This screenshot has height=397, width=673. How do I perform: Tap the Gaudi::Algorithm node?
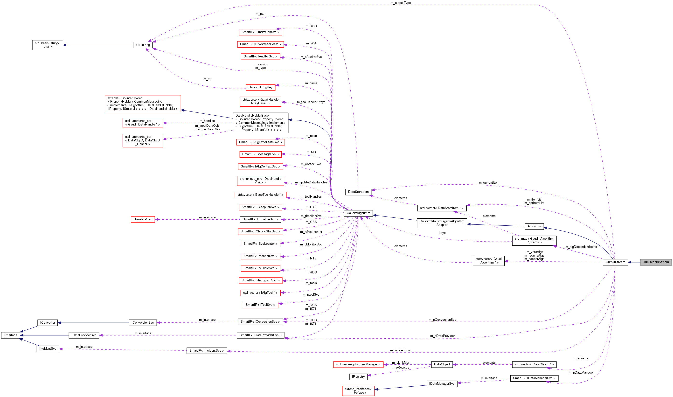(x=358, y=213)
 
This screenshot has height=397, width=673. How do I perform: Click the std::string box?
(x=143, y=45)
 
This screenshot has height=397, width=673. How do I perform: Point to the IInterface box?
(x=10, y=335)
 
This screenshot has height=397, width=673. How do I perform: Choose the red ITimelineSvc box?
(x=143, y=219)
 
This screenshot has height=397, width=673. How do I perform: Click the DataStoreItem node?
(x=358, y=192)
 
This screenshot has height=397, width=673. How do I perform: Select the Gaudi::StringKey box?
(x=260, y=87)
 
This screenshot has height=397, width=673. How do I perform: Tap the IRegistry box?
(x=358, y=376)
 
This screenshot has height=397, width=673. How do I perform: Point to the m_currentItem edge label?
(x=489, y=182)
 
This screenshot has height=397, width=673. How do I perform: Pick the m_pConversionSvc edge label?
(x=442, y=320)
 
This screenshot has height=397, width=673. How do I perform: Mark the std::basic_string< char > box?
(x=48, y=45)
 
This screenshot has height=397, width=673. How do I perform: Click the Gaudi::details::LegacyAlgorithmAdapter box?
(x=442, y=223)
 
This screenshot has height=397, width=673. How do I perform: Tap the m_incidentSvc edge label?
(x=400, y=350)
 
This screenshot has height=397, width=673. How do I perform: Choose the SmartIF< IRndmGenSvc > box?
(x=260, y=32)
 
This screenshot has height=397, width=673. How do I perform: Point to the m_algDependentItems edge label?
(x=581, y=247)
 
